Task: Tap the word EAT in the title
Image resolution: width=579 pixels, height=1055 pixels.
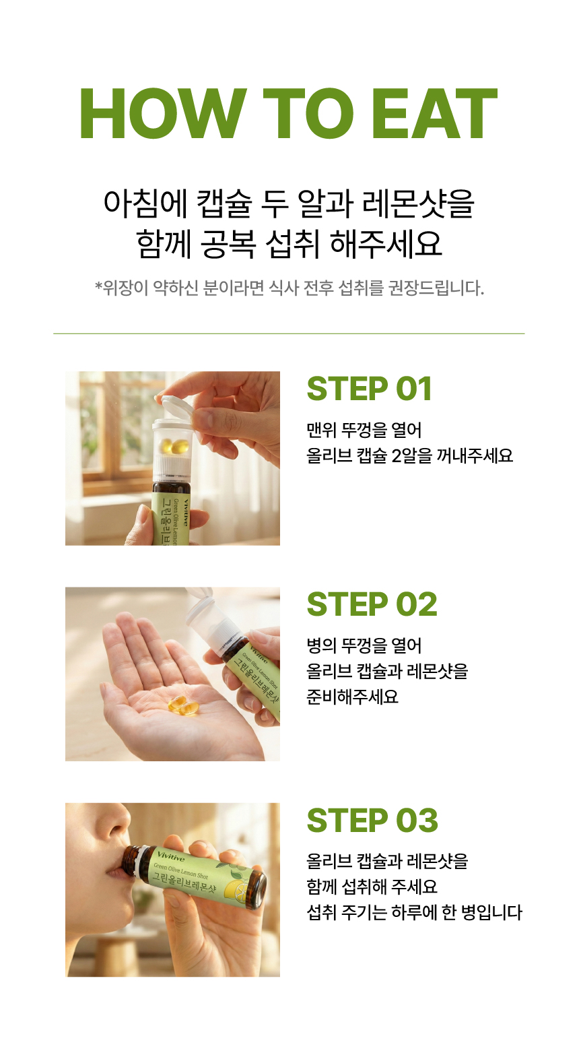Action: tap(435, 113)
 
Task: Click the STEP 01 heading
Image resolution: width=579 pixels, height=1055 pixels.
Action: tap(370, 389)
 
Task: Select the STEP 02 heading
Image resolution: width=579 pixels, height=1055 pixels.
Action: tap(372, 604)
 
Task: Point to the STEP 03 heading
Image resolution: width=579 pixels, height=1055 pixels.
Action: tap(372, 820)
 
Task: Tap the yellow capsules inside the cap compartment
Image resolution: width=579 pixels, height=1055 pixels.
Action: tap(173, 445)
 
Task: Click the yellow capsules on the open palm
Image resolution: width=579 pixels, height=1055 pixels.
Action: tap(183, 704)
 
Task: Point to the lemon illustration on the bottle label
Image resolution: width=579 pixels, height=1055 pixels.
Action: tap(234, 889)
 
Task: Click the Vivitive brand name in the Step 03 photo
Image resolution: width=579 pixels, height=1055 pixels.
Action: tap(171, 857)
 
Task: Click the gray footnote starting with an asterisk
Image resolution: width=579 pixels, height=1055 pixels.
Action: tap(289, 288)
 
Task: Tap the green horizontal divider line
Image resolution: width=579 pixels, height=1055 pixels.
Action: tap(289, 333)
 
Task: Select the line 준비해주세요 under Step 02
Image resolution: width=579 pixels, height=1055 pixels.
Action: tap(353, 696)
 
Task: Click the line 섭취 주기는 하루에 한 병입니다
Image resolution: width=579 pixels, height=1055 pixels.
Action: tap(415, 912)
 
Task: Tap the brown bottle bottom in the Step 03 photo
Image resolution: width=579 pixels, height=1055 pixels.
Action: tap(257, 890)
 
